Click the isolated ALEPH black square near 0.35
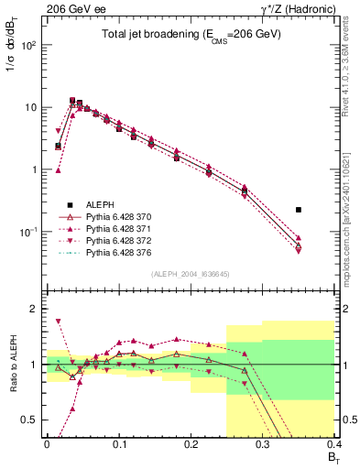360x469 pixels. pyautogui.click(x=324, y=210)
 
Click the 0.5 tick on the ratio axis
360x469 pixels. pyautogui.click(x=32, y=420)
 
